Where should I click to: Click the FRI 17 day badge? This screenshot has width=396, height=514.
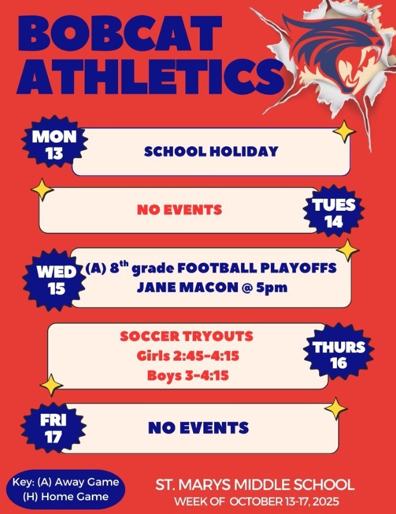click(54, 429)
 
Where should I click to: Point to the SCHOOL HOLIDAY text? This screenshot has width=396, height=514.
click(211, 152)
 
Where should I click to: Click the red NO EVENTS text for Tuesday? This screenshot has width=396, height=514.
click(179, 210)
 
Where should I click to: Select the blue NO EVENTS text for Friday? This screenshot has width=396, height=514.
click(198, 427)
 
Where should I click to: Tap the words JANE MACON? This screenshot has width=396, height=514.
click(177, 287)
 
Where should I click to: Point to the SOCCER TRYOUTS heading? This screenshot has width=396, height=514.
click(186, 336)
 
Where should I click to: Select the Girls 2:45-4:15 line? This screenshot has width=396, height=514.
click(187, 356)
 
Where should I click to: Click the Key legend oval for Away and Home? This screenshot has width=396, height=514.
click(66, 489)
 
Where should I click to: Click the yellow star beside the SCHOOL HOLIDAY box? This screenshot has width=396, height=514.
click(344, 131)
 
